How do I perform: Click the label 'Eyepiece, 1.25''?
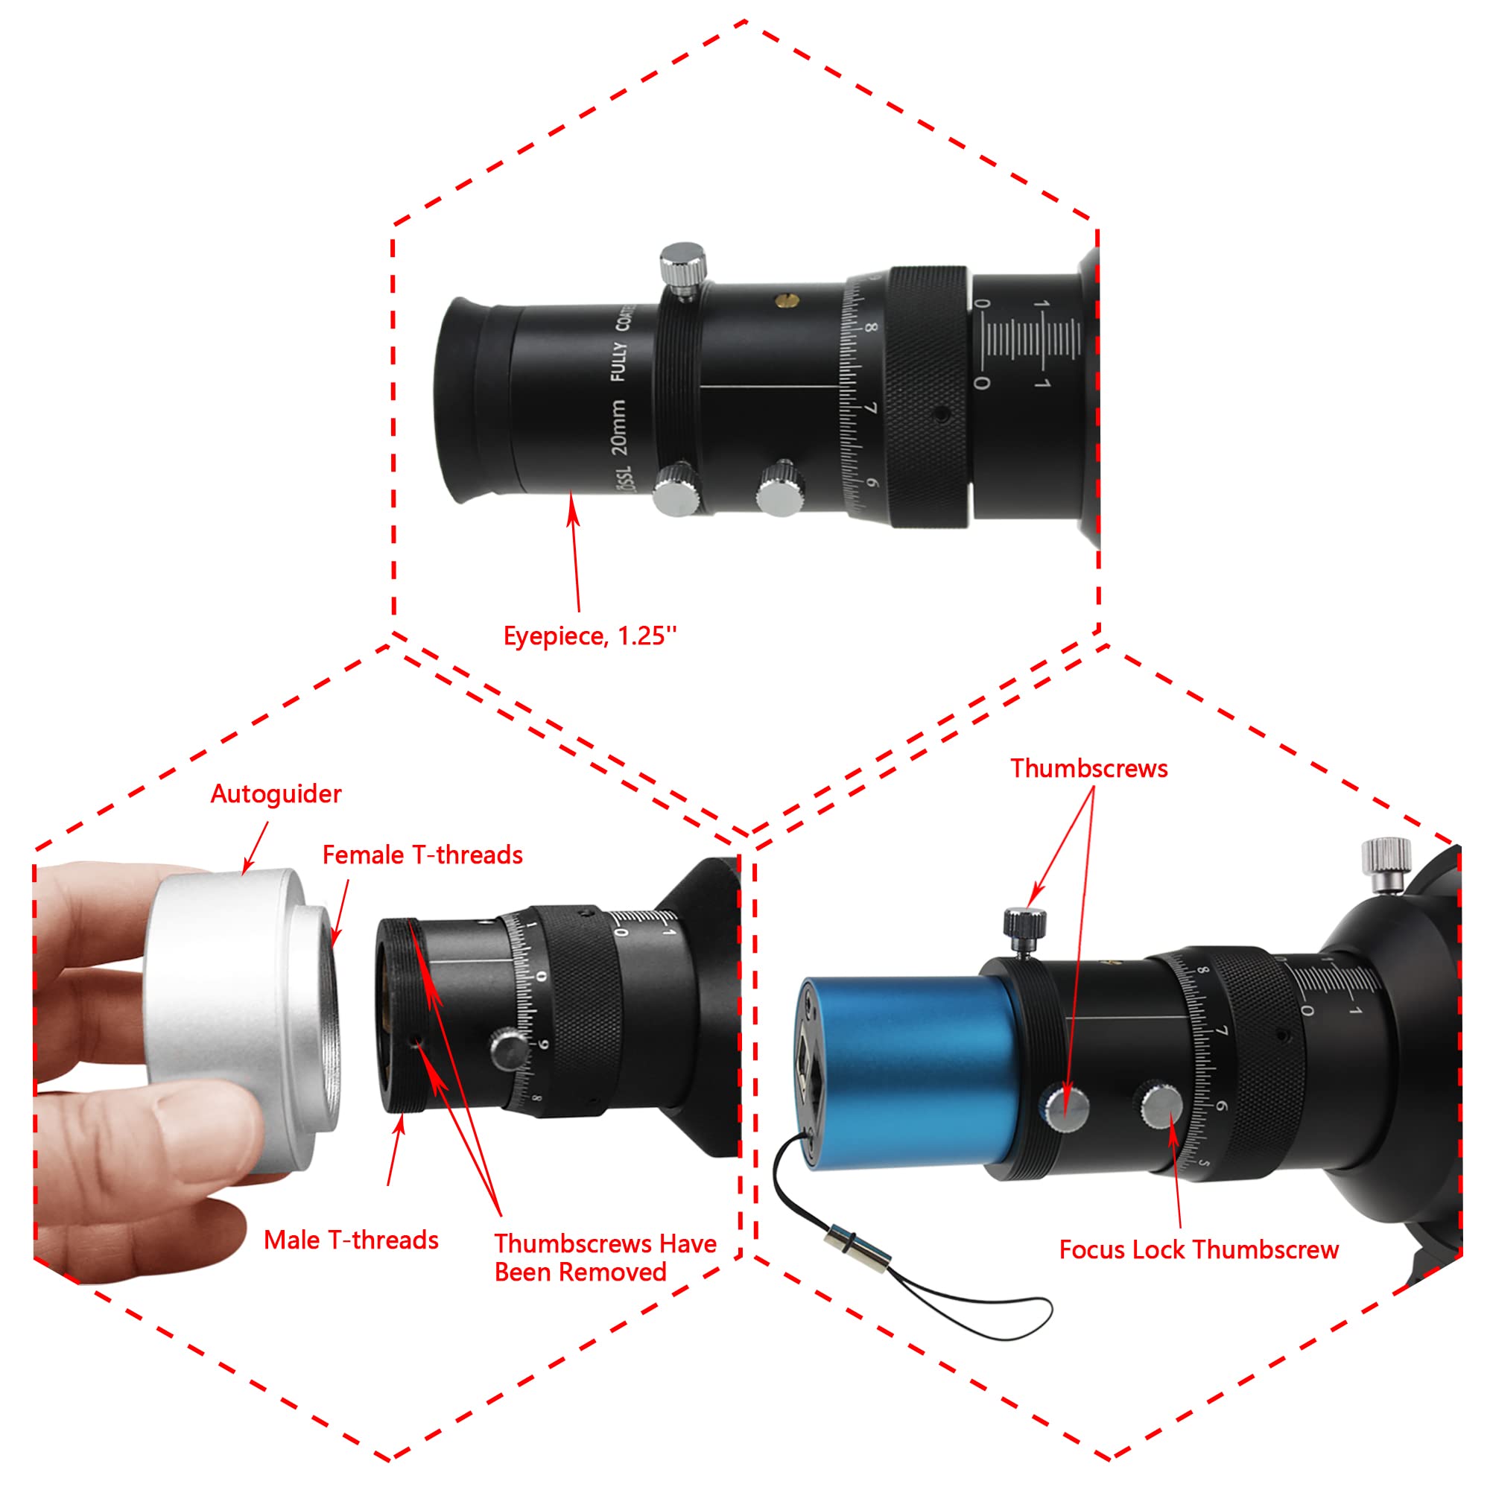[x=590, y=636]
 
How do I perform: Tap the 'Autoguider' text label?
[x=276, y=794]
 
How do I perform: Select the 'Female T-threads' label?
[x=422, y=855]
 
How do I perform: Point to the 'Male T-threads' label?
[x=351, y=1240]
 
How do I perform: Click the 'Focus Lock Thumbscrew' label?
[x=1199, y=1249]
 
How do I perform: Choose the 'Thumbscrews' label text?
[x=1089, y=769]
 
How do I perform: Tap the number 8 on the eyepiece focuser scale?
[x=871, y=328]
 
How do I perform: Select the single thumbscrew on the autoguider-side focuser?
[x=508, y=1050]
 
